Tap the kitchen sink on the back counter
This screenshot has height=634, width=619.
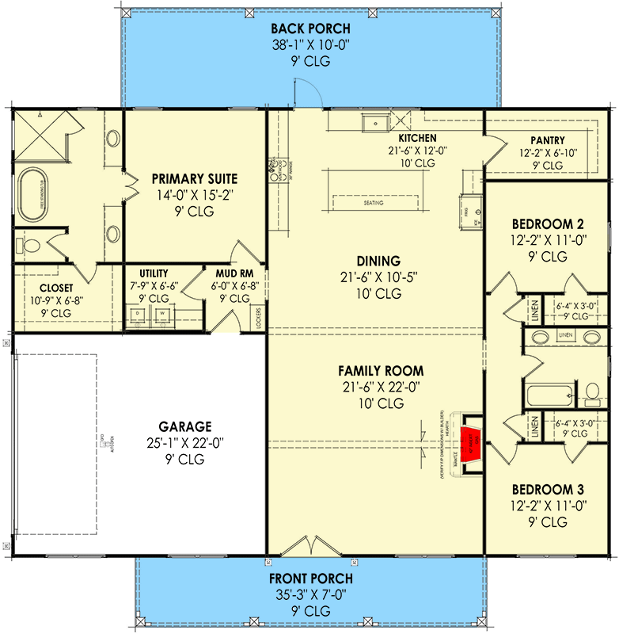[x=371, y=124]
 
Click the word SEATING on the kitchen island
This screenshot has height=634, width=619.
[x=374, y=203]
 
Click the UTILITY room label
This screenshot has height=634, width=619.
[x=153, y=273]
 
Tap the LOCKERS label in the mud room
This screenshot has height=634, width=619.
[x=259, y=317]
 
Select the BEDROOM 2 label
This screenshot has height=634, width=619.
[x=548, y=223]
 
